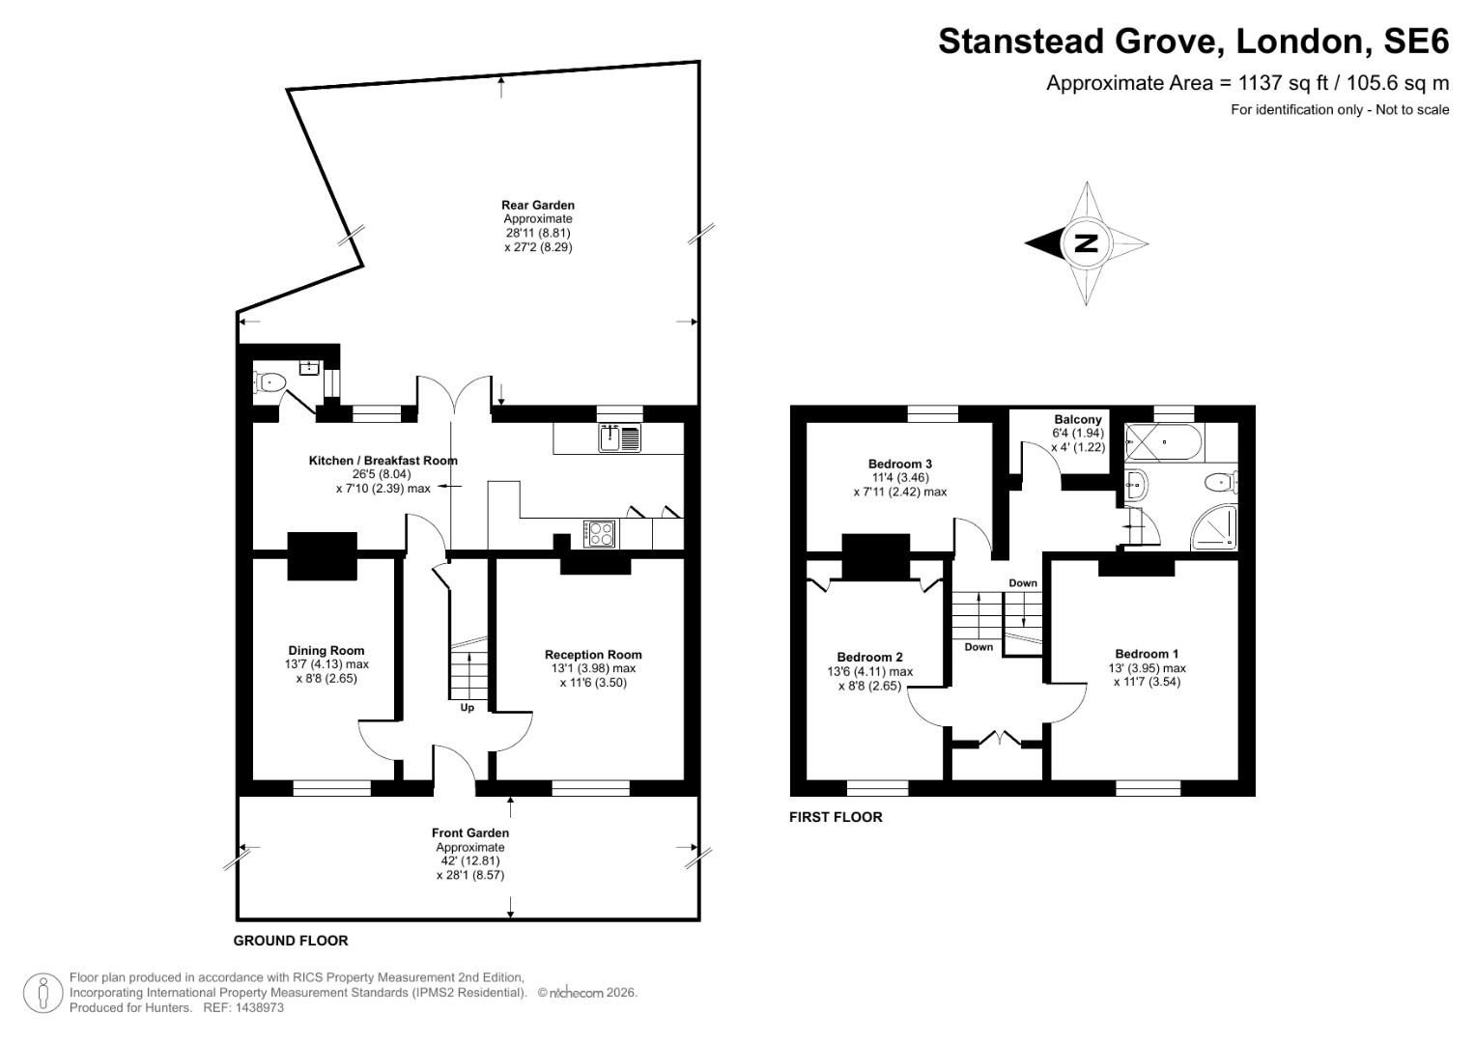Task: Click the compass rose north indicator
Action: (1087, 243)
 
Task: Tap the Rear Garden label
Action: (537, 205)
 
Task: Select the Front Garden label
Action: (469, 832)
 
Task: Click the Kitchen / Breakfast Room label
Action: (383, 461)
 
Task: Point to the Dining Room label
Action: (326, 650)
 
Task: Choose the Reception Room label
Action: (592, 654)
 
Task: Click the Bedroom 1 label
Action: (1146, 654)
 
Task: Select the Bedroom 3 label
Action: (899, 464)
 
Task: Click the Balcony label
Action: (1077, 419)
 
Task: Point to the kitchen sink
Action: (619, 438)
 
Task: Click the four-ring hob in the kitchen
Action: (600, 532)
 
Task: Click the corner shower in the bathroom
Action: (1215, 526)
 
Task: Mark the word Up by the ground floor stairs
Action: (467, 707)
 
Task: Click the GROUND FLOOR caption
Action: (291, 941)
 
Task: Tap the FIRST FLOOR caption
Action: (836, 817)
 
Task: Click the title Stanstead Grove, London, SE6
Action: (1193, 42)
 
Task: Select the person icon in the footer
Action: (43, 993)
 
